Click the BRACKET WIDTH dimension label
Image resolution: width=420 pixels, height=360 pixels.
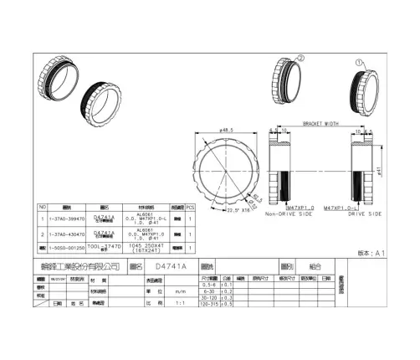(x=319, y=121)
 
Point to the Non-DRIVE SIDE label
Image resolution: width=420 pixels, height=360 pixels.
(x=290, y=214)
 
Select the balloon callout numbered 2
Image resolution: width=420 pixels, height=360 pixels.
(x=301, y=58)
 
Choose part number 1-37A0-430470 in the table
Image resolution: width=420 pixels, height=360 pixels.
(x=68, y=234)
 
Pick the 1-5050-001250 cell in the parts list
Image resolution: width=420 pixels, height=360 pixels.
(x=68, y=248)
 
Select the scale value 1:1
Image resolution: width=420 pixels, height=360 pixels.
(x=178, y=303)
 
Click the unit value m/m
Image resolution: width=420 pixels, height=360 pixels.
(x=178, y=291)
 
